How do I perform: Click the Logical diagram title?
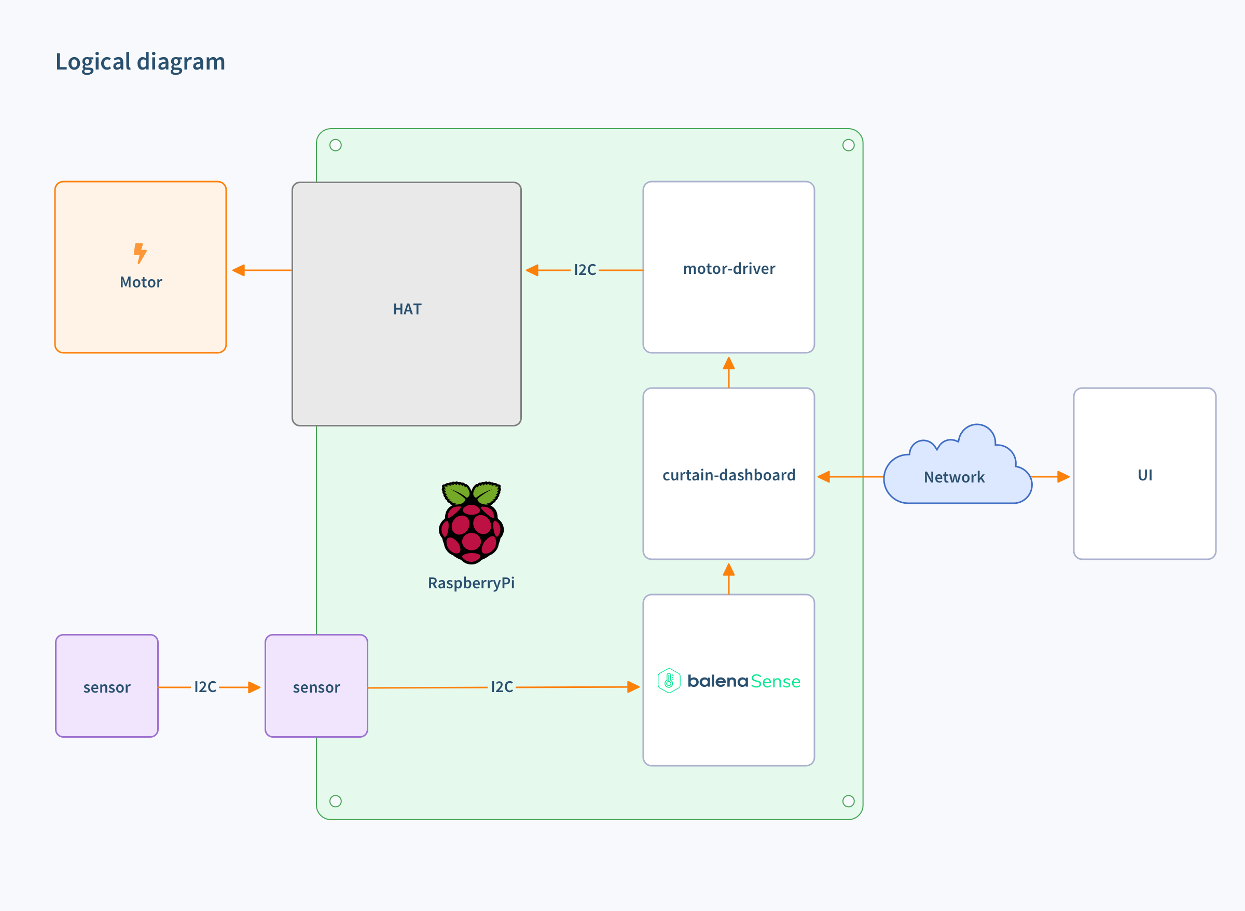pyautogui.click(x=140, y=61)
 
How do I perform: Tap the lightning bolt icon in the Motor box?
pyautogui.click(x=140, y=253)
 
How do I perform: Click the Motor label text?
pyautogui.click(x=141, y=282)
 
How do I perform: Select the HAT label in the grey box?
pyautogui.click(x=407, y=309)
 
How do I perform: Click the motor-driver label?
pyautogui.click(x=728, y=269)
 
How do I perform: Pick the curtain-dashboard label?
pyautogui.click(x=728, y=475)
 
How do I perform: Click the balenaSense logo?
pyautogui.click(x=728, y=681)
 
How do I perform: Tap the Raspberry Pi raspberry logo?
pyautogui.click(x=471, y=522)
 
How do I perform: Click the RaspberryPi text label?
pyautogui.click(x=471, y=583)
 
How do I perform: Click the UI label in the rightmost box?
pyautogui.click(x=1145, y=475)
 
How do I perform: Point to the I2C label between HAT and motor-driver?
pyautogui.click(x=585, y=270)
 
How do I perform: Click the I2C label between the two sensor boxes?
pyautogui.click(x=205, y=687)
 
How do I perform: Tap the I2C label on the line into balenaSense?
pyautogui.click(x=501, y=687)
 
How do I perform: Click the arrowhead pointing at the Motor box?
pyautogui.click(x=239, y=270)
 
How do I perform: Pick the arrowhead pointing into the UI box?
pyautogui.click(x=1063, y=476)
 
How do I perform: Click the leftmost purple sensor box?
pyautogui.click(x=107, y=686)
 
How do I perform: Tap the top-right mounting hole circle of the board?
pyautogui.click(x=848, y=145)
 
